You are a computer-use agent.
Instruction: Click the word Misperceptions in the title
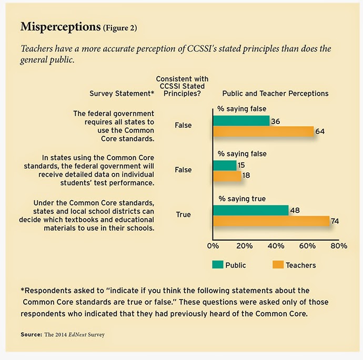[x=57, y=26]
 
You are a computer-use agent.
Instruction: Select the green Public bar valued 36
[x=241, y=121]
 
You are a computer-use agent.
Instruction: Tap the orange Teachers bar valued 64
[x=263, y=131]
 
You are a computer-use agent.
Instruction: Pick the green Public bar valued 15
[x=225, y=165]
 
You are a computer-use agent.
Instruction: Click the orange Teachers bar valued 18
[x=227, y=176]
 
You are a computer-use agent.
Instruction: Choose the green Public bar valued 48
[x=250, y=210]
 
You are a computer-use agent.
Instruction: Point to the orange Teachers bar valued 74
[x=271, y=221]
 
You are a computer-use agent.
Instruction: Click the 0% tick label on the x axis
[x=213, y=245]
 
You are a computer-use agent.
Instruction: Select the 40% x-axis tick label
[x=276, y=245]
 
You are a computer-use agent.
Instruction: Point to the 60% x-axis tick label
[x=307, y=245]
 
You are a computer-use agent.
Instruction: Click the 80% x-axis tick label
[x=339, y=245]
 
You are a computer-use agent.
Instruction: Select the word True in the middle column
[x=183, y=215]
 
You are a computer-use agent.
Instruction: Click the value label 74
[x=335, y=221]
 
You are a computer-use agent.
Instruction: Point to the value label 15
[x=242, y=166]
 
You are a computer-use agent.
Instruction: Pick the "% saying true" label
[x=243, y=199]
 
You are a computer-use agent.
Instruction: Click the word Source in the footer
[x=31, y=334]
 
